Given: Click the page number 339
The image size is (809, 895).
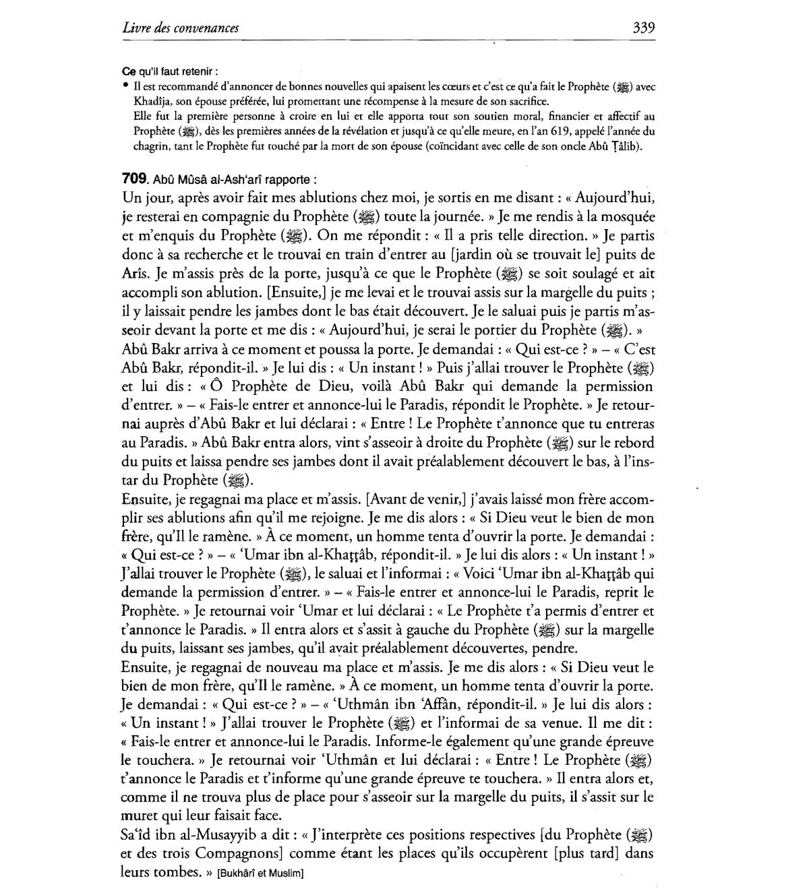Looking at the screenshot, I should point(643,28).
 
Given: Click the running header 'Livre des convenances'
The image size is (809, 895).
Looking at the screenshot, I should point(181,28).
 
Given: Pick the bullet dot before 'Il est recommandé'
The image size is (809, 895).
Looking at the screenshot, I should point(126,86).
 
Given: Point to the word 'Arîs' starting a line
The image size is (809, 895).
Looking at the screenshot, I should point(136,274).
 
